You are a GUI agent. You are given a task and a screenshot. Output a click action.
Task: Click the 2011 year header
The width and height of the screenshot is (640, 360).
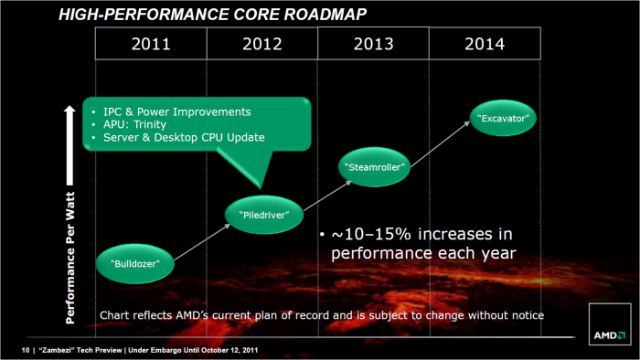pos(151,43)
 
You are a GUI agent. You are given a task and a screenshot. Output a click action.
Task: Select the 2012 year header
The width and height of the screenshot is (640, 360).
pos(261,43)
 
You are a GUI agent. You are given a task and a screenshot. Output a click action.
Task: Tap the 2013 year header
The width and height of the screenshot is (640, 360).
pos(373,43)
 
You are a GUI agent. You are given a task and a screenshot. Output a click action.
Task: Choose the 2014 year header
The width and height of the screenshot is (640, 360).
pos(484,43)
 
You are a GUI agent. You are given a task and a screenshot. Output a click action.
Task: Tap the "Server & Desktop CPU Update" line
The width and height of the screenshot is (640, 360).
pos(186,138)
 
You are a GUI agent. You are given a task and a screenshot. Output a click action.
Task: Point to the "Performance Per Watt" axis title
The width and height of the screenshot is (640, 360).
pos(69,238)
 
